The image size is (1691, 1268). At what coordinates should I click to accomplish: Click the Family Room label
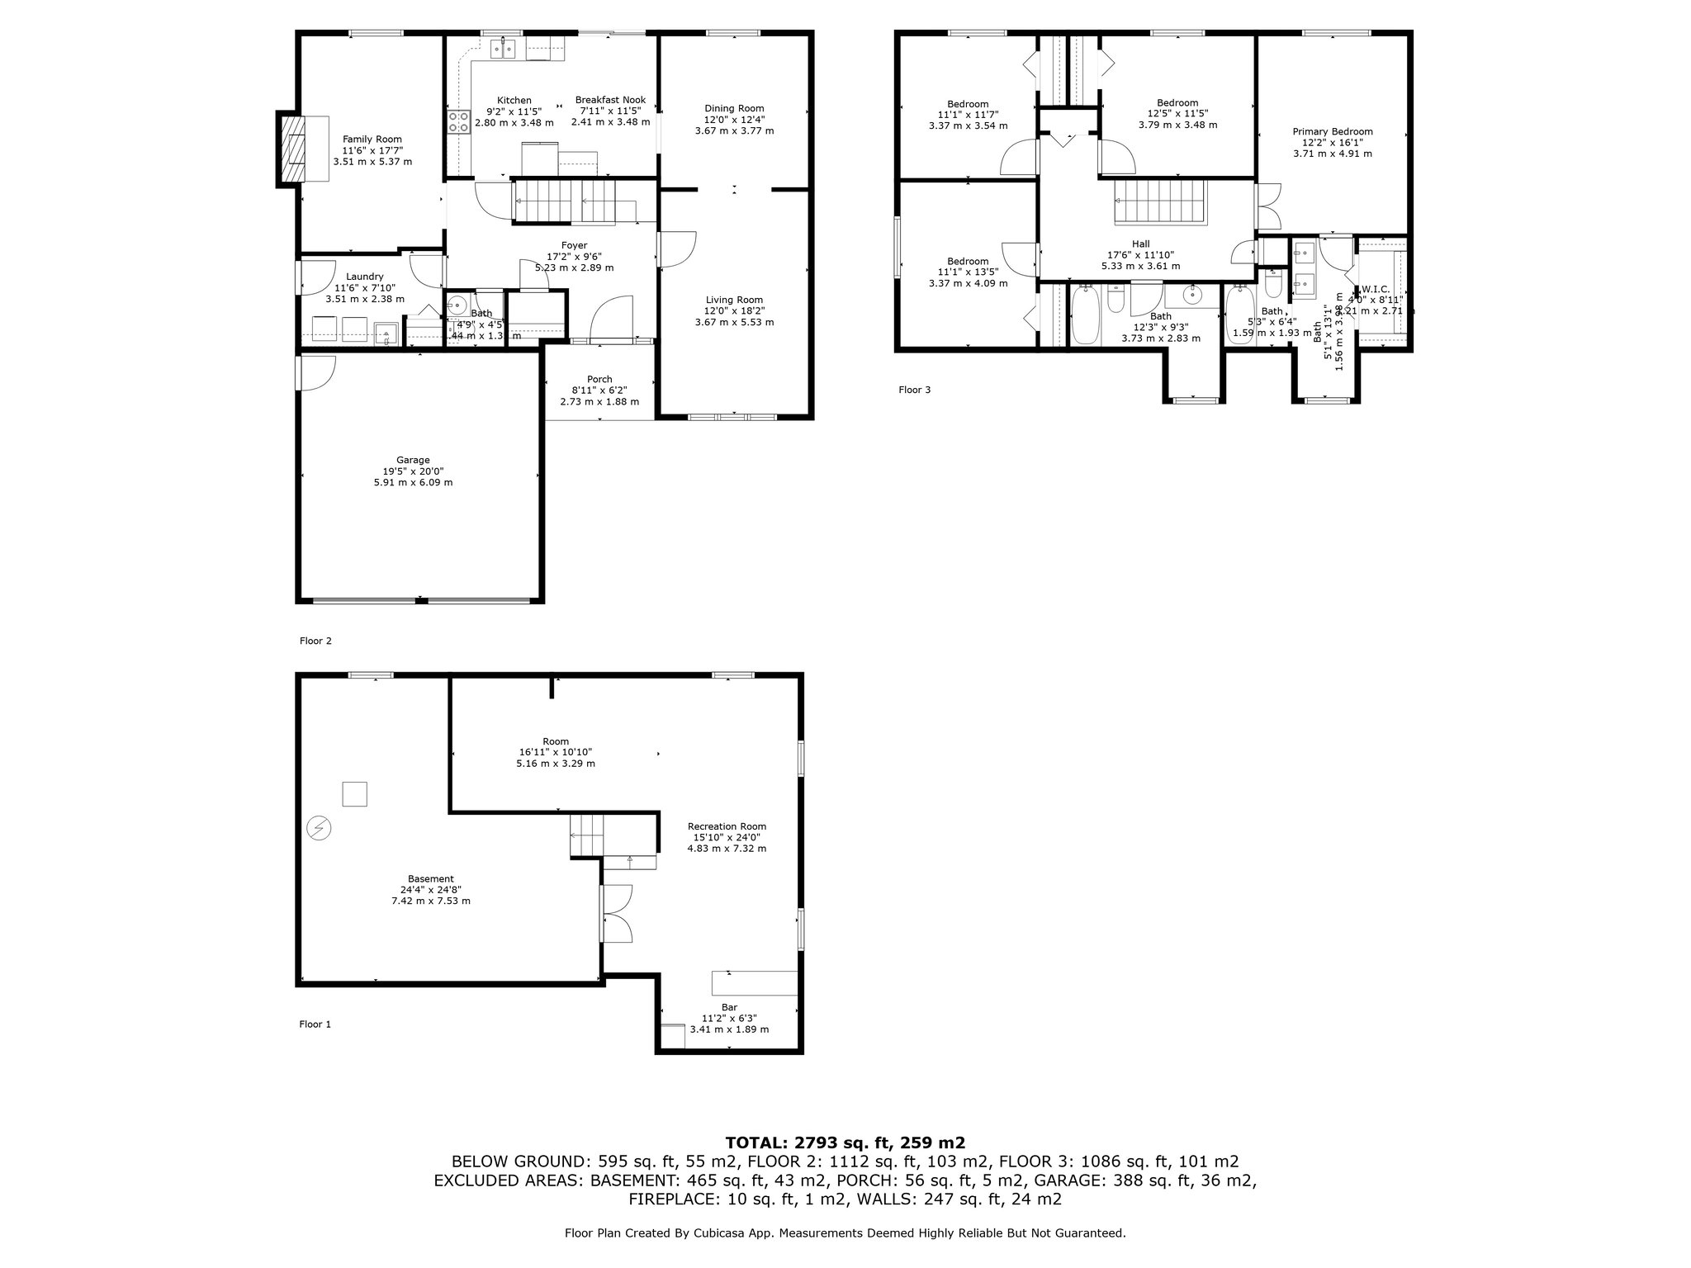tap(372, 140)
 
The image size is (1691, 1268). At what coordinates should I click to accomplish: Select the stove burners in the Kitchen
tap(458, 123)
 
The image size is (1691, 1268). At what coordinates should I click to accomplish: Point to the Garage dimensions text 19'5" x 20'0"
tap(413, 471)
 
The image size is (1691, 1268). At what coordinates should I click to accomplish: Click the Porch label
tap(599, 380)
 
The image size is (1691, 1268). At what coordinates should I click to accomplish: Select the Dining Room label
tap(734, 108)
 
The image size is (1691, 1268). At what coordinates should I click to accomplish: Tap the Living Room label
tap(734, 300)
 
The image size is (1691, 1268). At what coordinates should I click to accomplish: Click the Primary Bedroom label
tap(1333, 131)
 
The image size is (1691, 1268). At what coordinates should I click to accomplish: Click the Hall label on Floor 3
tap(1140, 244)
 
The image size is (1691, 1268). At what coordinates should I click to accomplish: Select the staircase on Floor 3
tap(1161, 203)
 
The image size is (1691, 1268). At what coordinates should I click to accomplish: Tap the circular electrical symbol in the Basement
tap(318, 827)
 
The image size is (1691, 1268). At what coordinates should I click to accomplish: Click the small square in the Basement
tap(354, 793)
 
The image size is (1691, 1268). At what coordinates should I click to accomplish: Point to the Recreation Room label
tap(727, 826)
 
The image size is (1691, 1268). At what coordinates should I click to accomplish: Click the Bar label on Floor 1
tap(729, 1007)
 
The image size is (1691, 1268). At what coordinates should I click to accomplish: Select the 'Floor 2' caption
tap(315, 641)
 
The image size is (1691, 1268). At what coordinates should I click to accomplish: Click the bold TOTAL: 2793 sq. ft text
tap(845, 1143)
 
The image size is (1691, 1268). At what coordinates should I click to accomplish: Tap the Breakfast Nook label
tap(610, 100)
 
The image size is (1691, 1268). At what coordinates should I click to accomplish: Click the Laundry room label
tap(364, 277)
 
